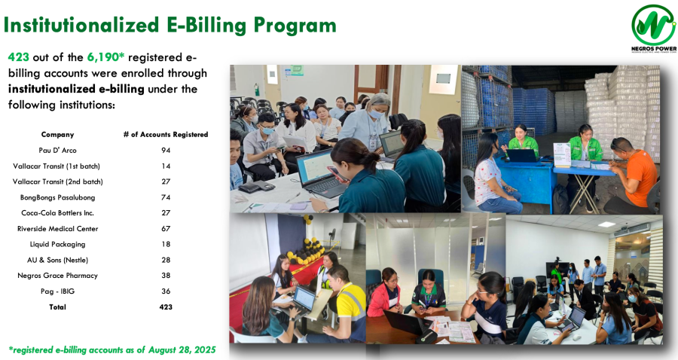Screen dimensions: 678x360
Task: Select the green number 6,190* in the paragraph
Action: [x=106, y=57]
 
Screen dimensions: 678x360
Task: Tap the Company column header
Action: [x=57, y=134]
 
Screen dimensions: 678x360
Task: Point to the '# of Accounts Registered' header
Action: [x=166, y=134]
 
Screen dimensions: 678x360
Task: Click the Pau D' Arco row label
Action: [x=57, y=151]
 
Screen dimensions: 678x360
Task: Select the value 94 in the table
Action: [x=166, y=151]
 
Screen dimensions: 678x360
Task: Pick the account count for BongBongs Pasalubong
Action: [x=166, y=197]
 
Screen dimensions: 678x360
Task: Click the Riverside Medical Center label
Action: [x=57, y=229]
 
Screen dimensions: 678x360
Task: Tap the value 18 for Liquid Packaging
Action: [x=166, y=244]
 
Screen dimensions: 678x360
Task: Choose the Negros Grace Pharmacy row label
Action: [x=57, y=276]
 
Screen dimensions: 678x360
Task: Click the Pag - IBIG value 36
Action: [x=166, y=291]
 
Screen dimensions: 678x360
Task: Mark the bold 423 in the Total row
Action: [x=166, y=307]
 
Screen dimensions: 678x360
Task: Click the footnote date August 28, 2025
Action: [x=182, y=349]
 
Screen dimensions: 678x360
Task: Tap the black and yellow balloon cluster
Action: [x=306, y=252]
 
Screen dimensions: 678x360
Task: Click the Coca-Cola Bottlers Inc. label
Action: [x=57, y=213]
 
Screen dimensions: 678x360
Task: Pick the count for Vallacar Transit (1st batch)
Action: [x=166, y=166]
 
